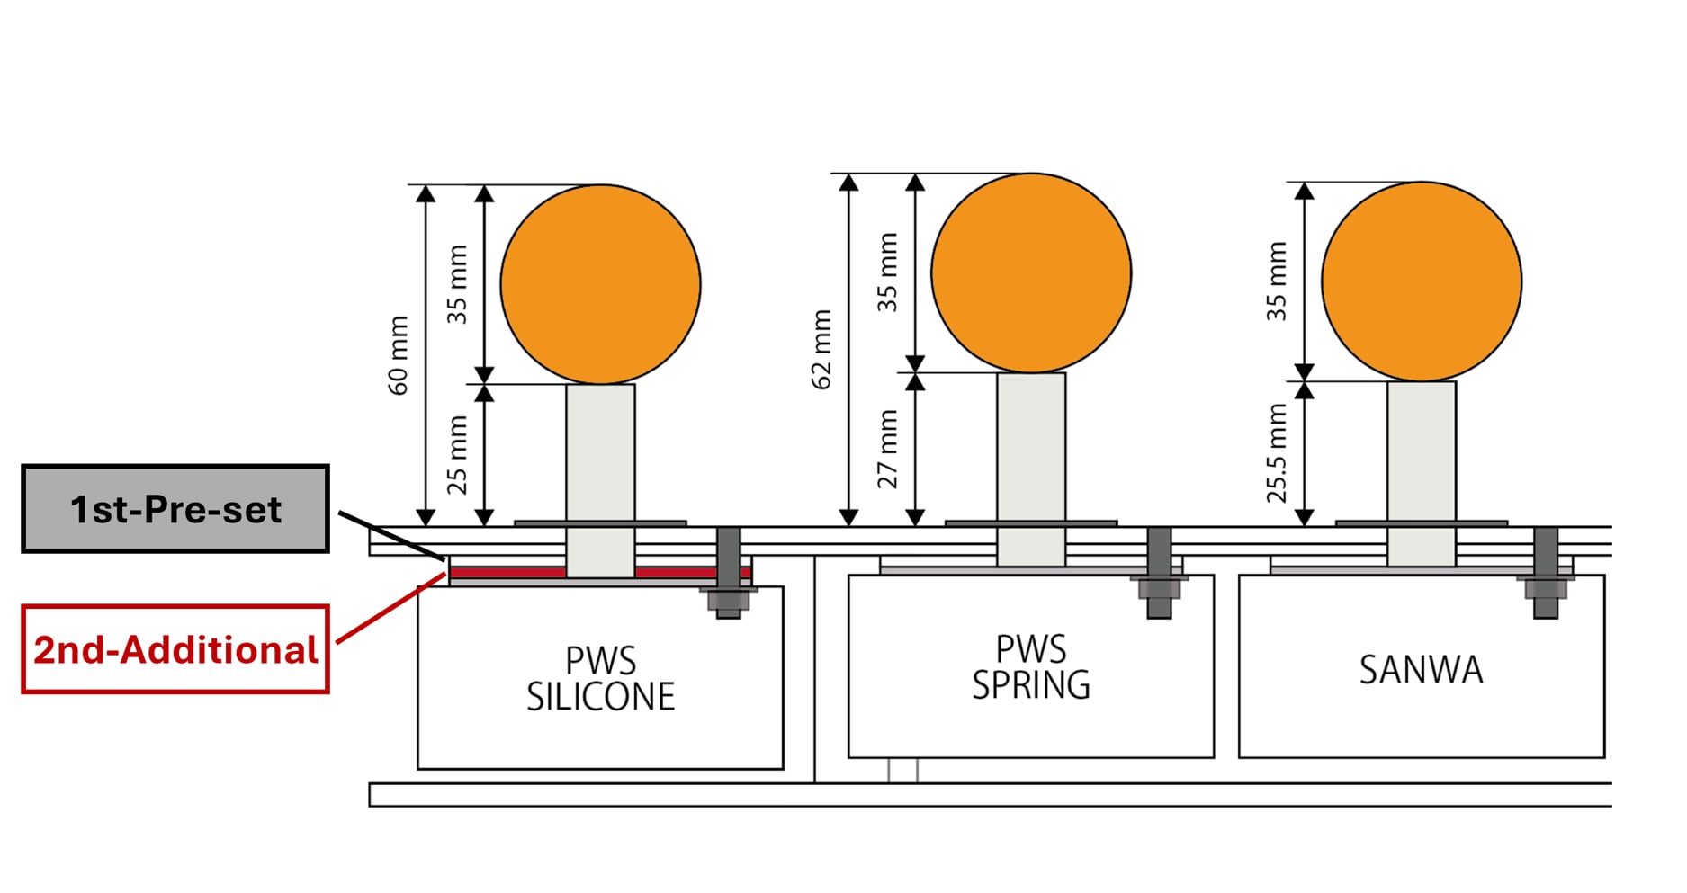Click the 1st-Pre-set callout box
point(175,509)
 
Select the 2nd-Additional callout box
point(175,649)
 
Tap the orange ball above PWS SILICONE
point(600,284)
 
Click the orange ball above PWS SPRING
point(1031,272)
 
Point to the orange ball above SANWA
point(1422,281)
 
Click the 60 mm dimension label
point(399,355)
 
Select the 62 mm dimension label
point(821,349)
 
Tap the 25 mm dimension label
point(458,454)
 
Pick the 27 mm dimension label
point(888,449)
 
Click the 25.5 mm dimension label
point(1278,452)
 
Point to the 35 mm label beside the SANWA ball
point(1278,281)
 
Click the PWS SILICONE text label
point(600,679)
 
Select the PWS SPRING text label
point(1031,667)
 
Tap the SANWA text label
point(1421,670)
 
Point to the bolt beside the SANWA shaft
point(1546,573)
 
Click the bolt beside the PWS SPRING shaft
point(1159,573)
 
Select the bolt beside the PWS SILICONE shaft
point(728,573)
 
